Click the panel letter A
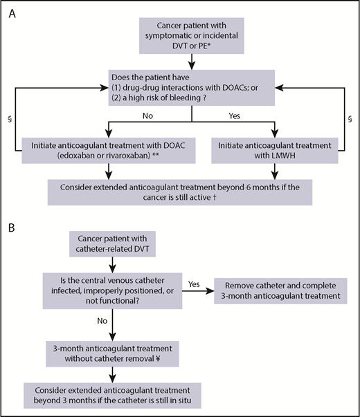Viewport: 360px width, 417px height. [12, 12]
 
